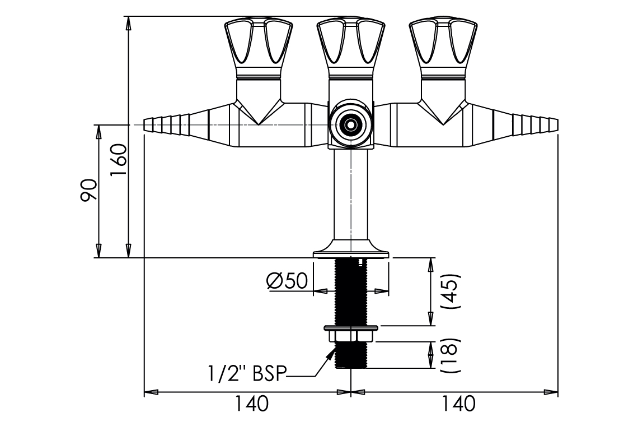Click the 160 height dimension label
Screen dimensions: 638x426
pyautogui.click(x=119, y=159)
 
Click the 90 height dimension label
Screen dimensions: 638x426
pyautogui.click(x=89, y=191)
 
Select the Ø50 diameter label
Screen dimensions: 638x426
pyautogui.click(x=287, y=281)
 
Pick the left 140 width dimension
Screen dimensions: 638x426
pyautogui.click(x=252, y=404)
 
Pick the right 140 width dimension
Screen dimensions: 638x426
pyautogui.click(x=458, y=404)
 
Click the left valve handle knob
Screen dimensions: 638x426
pyautogui.click(x=259, y=48)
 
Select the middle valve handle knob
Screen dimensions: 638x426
pyautogui.click(x=350, y=48)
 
